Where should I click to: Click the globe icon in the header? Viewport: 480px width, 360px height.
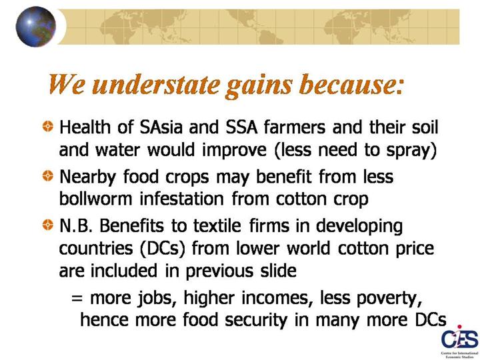click(36, 27)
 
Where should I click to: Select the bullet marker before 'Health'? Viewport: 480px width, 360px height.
click(48, 127)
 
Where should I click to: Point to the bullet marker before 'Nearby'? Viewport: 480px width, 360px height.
click(48, 176)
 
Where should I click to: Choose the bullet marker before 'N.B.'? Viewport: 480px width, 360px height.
click(48, 225)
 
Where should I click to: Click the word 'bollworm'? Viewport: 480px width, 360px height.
click(95, 199)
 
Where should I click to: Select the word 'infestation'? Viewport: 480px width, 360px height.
click(182, 199)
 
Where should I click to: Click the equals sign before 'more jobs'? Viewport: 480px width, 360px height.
click(77, 297)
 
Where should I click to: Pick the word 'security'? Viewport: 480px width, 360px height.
click(256, 321)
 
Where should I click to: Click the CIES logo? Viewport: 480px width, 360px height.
click(459, 341)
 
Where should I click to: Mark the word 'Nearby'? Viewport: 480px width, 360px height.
click(87, 177)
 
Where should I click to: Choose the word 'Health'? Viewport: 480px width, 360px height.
click(85, 127)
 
